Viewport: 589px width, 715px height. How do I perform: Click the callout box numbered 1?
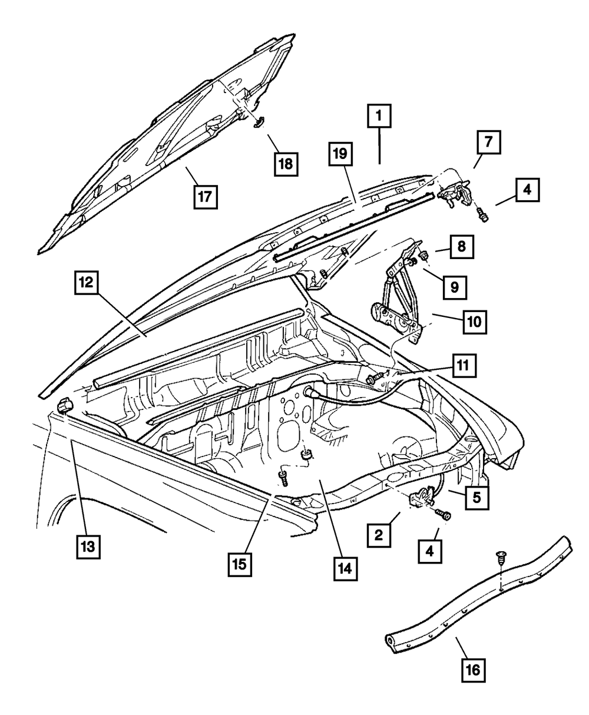pos(379,117)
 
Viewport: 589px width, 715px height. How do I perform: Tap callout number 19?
pos(342,156)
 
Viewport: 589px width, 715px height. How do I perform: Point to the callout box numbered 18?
pos(286,163)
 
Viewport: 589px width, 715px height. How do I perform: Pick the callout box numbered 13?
pos(88,546)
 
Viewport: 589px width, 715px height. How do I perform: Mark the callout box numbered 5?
pos(477,497)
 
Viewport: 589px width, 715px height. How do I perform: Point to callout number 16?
pos(475,670)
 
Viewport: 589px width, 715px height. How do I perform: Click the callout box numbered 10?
pos(475,322)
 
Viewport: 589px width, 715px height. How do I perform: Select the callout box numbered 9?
pos(455,287)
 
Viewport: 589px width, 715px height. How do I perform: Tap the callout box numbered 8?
pos(462,246)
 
